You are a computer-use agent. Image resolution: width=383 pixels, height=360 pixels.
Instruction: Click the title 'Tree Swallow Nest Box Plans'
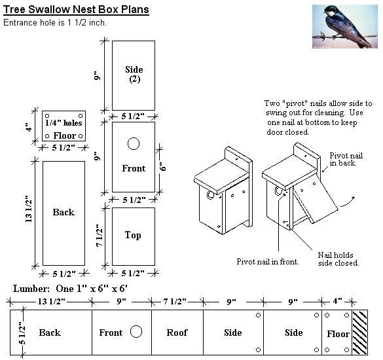coord(76,9)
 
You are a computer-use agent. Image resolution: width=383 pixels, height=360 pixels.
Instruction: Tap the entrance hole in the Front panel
coord(134,143)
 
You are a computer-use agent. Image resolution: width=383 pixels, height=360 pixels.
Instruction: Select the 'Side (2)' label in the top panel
coord(134,75)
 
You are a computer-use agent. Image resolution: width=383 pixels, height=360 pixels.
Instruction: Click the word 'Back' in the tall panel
coord(64,212)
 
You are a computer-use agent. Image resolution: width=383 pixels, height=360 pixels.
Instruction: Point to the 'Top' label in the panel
coord(133,235)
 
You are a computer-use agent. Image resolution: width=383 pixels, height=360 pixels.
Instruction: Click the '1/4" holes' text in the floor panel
coord(64,122)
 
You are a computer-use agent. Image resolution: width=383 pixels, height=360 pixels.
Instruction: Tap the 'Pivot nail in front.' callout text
coord(268,261)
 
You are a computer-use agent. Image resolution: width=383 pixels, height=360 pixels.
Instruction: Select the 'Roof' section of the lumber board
coord(177,333)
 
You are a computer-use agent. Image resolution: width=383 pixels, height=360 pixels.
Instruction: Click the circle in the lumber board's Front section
coord(136,331)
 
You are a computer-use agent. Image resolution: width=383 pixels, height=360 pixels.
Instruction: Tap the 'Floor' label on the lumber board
coord(338,334)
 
